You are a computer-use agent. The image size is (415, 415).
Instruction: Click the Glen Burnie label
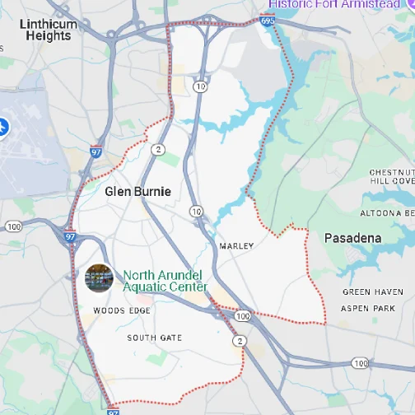tap(138, 191)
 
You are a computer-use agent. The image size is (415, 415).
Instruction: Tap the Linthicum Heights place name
tap(49, 30)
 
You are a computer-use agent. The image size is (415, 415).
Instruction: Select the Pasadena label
tap(352, 238)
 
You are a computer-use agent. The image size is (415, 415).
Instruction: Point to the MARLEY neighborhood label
tap(237, 246)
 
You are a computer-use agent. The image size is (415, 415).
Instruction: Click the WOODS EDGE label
tap(122, 310)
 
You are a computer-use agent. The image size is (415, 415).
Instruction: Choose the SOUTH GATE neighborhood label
tap(154, 338)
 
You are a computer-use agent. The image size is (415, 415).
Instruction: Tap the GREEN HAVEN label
tap(373, 292)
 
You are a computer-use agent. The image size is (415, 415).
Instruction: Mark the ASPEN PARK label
tap(369, 308)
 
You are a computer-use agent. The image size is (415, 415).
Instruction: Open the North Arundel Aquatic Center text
tap(165, 281)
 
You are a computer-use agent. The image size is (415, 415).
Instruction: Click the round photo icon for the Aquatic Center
tap(99, 278)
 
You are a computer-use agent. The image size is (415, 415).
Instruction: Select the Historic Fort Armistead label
tap(333, 4)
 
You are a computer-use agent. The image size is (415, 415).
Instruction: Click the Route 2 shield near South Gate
tap(239, 340)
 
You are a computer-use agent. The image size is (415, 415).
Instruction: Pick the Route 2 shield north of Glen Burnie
tap(158, 150)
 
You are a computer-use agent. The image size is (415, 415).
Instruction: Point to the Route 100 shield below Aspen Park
tap(360, 362)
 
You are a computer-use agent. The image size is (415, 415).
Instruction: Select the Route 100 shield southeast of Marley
tap(242, 315)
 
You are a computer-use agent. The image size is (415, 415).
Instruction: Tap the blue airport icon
tap(2, 128)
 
